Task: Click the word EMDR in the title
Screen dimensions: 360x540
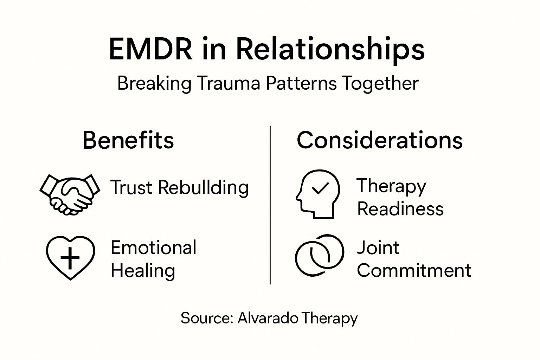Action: pyautogui.click(x=151, y=49)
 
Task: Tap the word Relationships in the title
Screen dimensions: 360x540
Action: pyautogui.click(x=330, y=50)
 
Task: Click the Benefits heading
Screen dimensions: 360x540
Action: pyautogui.click(x=128, y=140)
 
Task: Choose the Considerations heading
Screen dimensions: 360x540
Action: pyautogui.click(x=380, y=140)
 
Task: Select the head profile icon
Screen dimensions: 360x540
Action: pyautogui.click(x=317, y=194)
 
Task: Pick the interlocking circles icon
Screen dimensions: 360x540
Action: pyautogui.click(x=319, y=255)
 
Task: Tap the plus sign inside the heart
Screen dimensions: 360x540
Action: pyautogui.click(x=70, y=258)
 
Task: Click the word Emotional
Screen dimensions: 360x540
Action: pyautogui.click(x=153, y=247)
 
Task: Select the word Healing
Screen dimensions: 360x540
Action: pyautogui.click(x=143, y=271)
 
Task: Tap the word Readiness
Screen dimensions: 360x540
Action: pyautogui.click(x=400, y=209)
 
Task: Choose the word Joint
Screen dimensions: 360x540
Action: pyautogui.click(x=378, y=247)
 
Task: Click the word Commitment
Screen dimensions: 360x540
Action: pyautogui.click(x=414, y=271)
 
